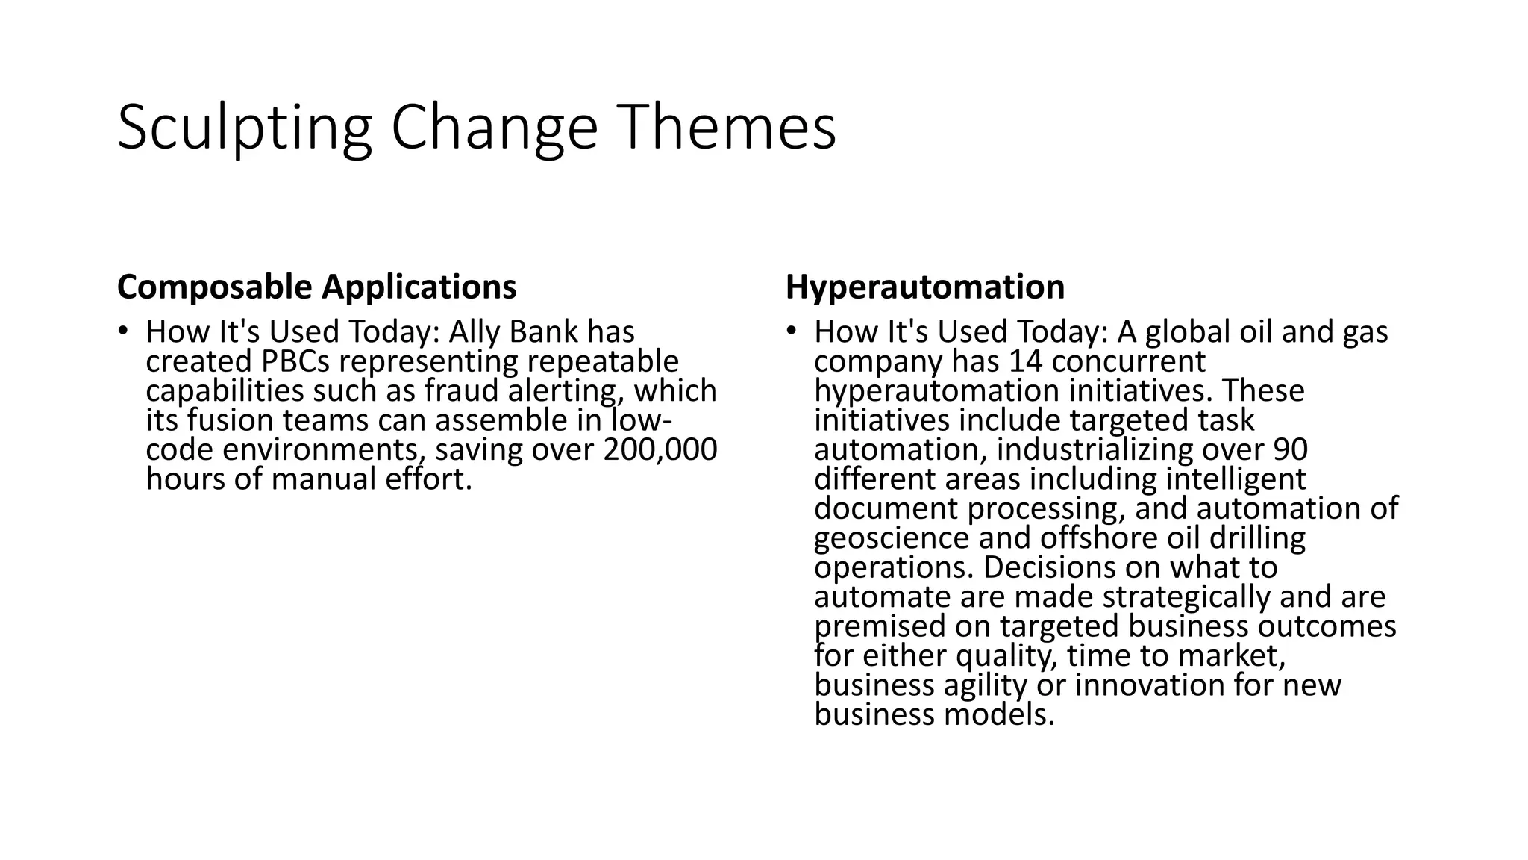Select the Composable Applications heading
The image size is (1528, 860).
point(316,287)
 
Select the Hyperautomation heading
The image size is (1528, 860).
point(924,287)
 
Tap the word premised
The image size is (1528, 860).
point(879,626)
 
